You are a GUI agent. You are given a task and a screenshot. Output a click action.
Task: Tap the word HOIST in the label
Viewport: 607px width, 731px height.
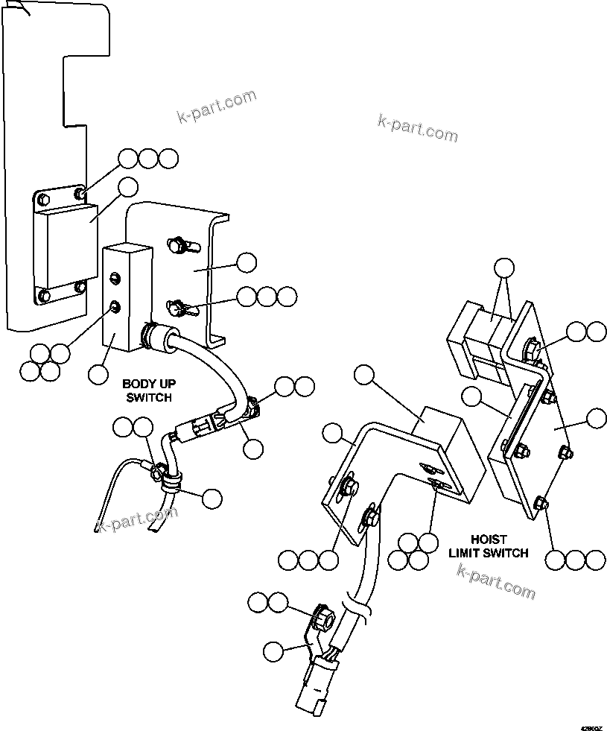point(488,539)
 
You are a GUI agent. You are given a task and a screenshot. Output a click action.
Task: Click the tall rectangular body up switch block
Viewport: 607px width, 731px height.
point(119,298)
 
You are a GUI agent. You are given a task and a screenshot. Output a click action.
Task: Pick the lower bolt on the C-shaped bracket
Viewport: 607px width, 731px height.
point(178,306)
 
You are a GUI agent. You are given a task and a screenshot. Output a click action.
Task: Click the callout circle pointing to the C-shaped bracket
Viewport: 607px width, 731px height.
point(246,262)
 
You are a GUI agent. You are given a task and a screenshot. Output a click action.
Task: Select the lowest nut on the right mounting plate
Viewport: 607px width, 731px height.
point(541,504)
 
